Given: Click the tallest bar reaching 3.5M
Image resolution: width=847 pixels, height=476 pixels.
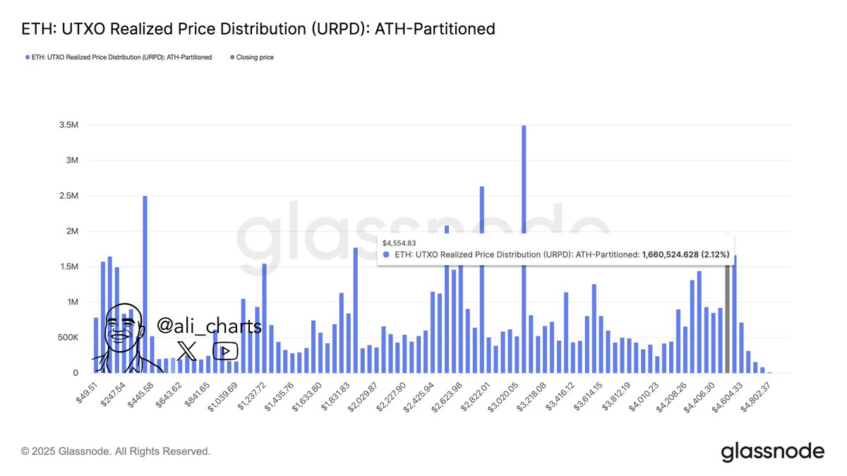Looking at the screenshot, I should coord(524,247).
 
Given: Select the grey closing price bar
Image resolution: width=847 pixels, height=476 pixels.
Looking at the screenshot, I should coord(728,317).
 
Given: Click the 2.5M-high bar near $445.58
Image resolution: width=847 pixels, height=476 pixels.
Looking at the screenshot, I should coord(145,282).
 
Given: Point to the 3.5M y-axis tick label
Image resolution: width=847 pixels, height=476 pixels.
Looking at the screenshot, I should coord(68,125).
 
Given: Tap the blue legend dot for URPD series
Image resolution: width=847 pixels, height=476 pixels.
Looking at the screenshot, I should coord(27,57).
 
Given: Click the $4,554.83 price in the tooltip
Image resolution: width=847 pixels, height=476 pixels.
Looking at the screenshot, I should coord(399,242).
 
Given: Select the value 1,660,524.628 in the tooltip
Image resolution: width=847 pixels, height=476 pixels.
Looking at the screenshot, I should coord(670,254).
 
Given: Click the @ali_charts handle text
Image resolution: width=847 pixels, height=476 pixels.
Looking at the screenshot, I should coord(209,327).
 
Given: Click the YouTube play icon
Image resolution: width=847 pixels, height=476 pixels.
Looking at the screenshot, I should coord(225,350).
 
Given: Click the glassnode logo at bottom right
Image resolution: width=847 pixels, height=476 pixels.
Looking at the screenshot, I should coord(772,452).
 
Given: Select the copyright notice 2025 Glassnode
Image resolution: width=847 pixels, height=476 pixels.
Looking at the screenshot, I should coord(116,451).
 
